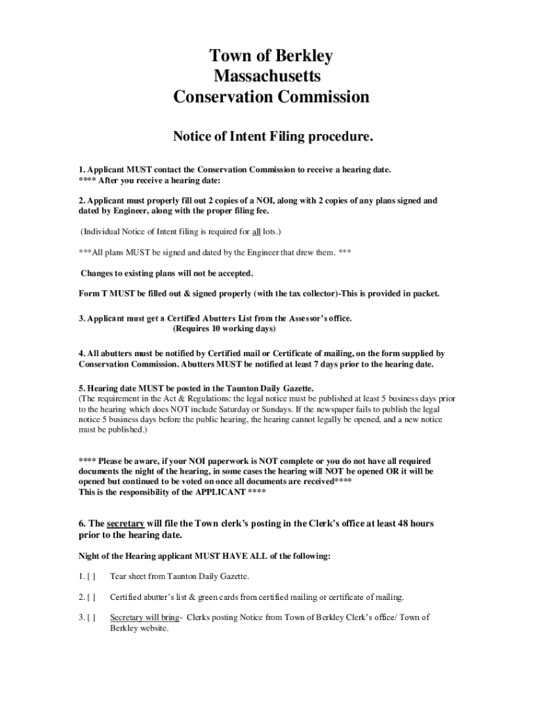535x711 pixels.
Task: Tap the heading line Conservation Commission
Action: [271, 97]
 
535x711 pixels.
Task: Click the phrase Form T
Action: [92, 293]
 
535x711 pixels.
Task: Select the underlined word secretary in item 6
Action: [126, 523]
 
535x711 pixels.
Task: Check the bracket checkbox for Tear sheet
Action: [91, 576]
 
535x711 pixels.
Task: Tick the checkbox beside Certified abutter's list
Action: [91, 596]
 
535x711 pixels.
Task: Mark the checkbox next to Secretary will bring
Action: [91, 617]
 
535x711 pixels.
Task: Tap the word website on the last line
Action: [153, 628]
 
